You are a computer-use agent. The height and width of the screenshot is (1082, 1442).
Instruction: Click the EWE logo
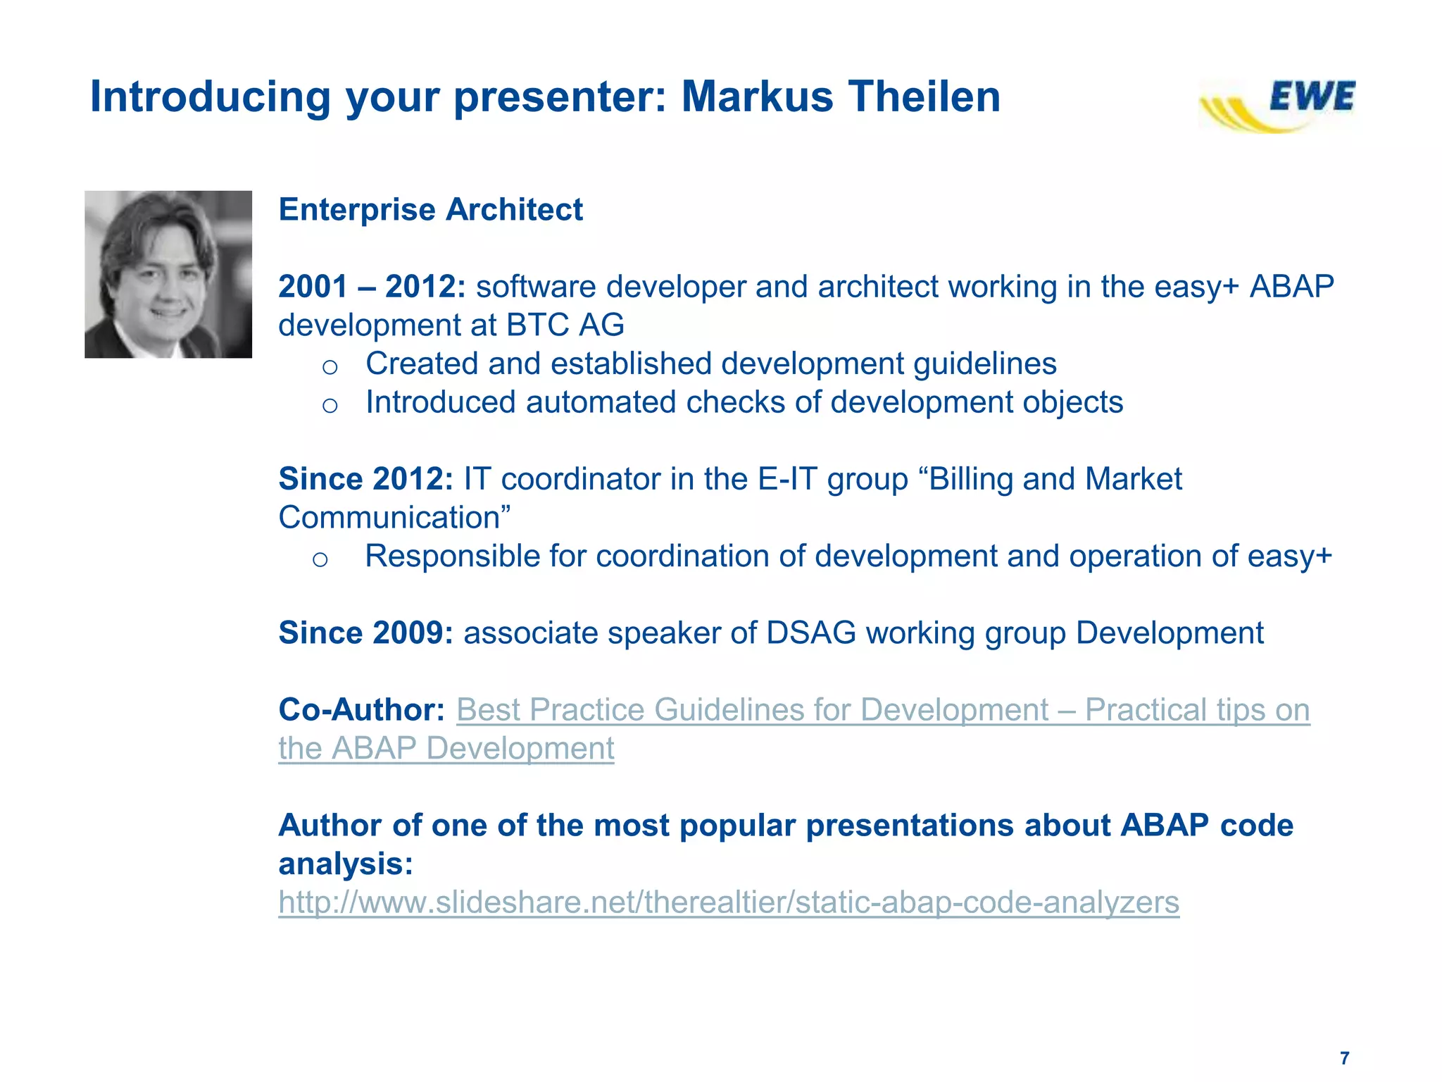[x=1279, y=104]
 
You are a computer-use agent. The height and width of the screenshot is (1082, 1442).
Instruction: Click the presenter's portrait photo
[x=168, y=274]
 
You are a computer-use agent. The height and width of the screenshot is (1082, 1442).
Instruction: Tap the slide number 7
[x=1344, y=1058]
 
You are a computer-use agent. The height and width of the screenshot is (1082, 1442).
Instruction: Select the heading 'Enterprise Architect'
[x=430, y=210]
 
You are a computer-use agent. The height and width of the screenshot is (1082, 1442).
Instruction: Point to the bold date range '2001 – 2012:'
[x=372, y=287]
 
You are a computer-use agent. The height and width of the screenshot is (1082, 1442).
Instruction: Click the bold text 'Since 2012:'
[x=366, y=479]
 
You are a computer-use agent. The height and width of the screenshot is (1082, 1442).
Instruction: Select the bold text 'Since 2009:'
[x=366, y=633]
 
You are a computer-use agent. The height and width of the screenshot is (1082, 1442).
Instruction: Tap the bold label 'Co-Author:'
[x=361, y=709]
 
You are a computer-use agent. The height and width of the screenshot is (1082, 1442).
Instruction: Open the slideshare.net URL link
[x=728, y=902]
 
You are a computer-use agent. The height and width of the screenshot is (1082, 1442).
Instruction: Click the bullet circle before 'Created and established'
[x=330, y=366]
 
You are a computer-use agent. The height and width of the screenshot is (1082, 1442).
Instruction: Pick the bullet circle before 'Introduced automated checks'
[x=330, y=405]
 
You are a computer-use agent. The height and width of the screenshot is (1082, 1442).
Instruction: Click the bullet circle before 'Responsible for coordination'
[x=320, y=559]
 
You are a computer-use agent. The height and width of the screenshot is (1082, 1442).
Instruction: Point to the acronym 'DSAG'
[x=810, y=633]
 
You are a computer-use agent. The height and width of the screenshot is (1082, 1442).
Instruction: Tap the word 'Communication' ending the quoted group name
[x=389, y=518]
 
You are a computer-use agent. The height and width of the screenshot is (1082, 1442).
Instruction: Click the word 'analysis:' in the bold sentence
[x=346, y=864]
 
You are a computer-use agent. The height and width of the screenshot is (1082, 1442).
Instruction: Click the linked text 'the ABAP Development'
[x=446, y=748]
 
